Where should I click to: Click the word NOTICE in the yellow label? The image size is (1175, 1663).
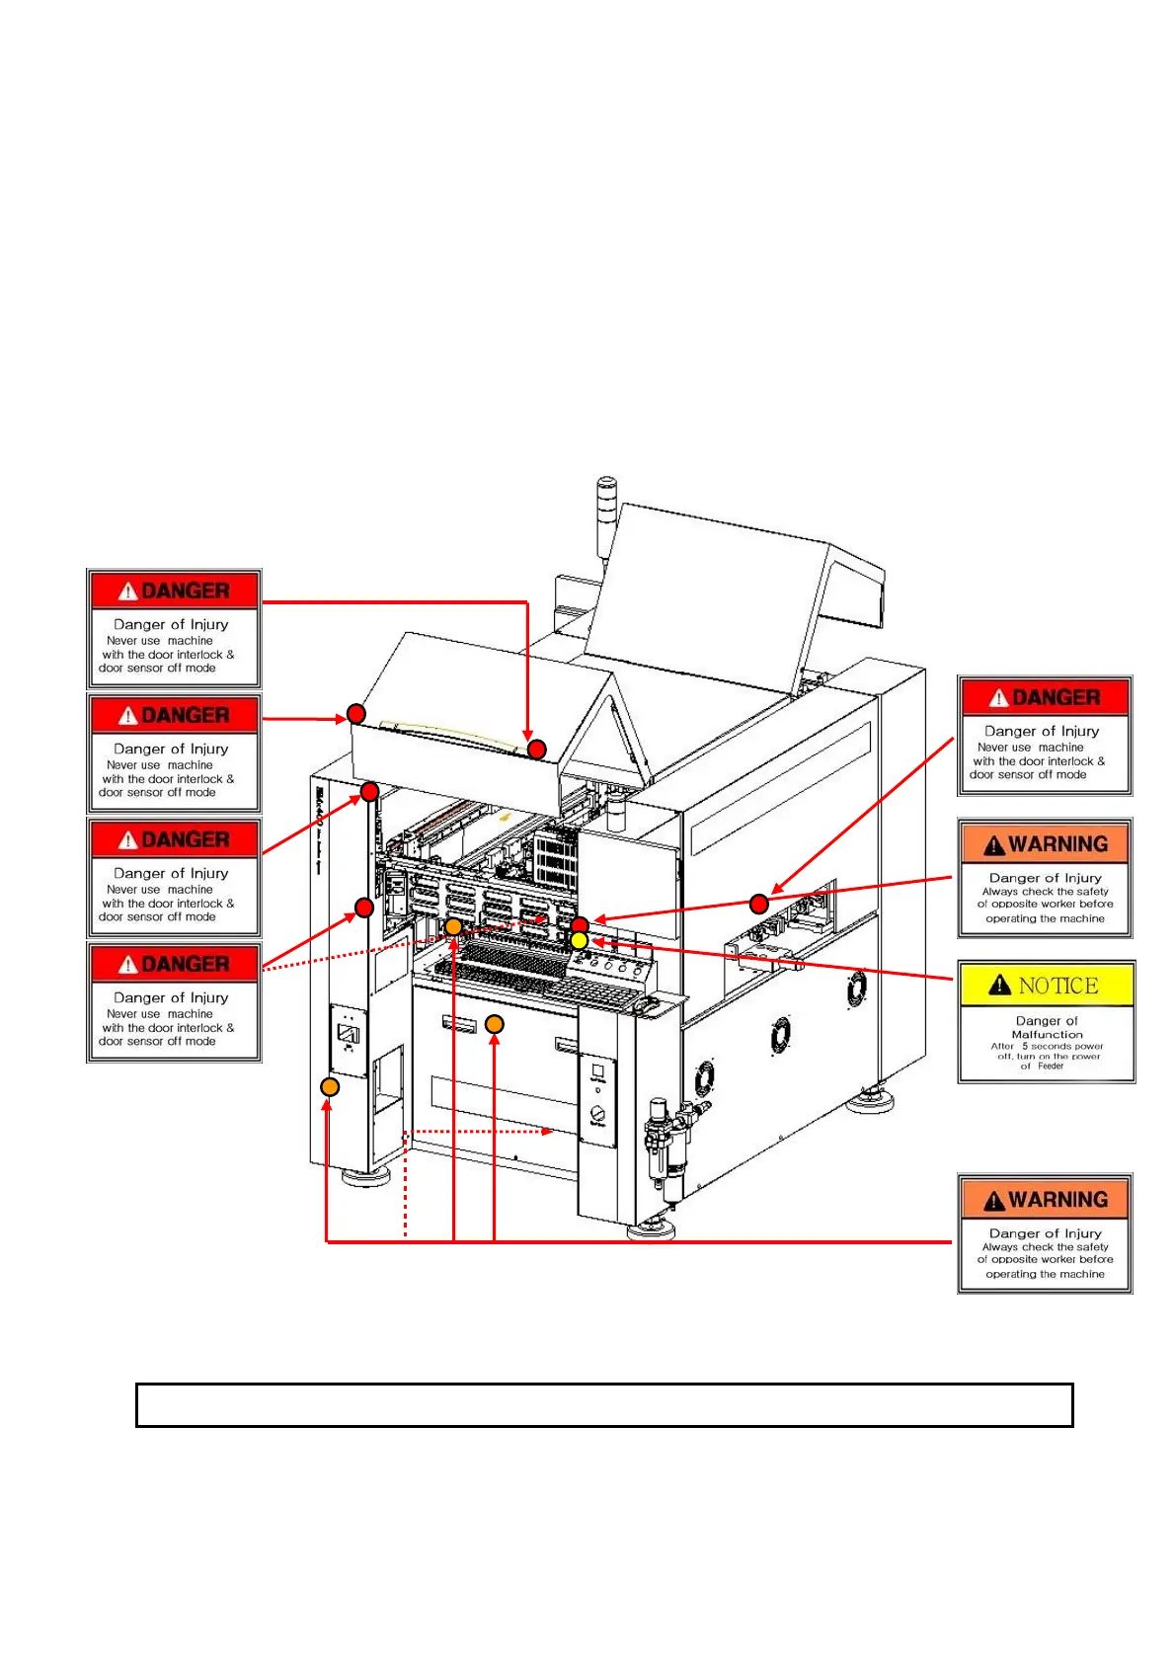pyautogui.click(x=1057, y=986)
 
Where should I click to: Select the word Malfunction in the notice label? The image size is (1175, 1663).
pyautogui.click(x=1047, y=1034)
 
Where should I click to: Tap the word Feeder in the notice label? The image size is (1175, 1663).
pyautogui.click(x=1051, y=1066)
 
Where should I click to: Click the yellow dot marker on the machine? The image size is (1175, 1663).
pyautogui.click(x=580, y=941)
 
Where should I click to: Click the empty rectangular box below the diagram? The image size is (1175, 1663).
pyautogui.click(x=604, y=1404)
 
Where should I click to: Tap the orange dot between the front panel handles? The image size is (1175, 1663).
pyautogui.click(x=495, y=1024)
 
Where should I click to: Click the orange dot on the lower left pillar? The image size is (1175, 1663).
pyautogui.click(x=330, y=1086)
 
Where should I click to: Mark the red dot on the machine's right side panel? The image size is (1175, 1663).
pyautogui.click(x=758, y=903)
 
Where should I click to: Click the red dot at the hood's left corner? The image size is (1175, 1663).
pyautogui.click(x=356, y=713)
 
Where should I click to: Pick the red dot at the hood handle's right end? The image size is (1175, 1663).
pyautogui.click(x=536, y=750)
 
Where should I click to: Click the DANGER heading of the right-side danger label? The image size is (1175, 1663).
pyautogui.click(x=1056, y=697)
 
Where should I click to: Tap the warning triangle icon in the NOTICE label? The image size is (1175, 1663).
pyautogui.click(x=999, y=985)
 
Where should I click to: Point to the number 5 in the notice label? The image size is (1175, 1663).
pyautogui.click(x=1025, y=1046)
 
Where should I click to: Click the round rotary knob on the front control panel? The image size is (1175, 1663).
pyautogui.click(x=597, y=1114)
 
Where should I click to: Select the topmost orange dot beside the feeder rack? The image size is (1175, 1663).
pyautogui.click(x=453, y=926)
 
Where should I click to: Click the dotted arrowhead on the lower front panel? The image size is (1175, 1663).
pyautogui.click(x=548, y=1132)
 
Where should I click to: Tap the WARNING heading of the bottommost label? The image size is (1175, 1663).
pyautogui.click(x=1057, y=1200)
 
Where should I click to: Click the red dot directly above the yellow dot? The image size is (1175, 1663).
pyautogui.click(x=580, y=925)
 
